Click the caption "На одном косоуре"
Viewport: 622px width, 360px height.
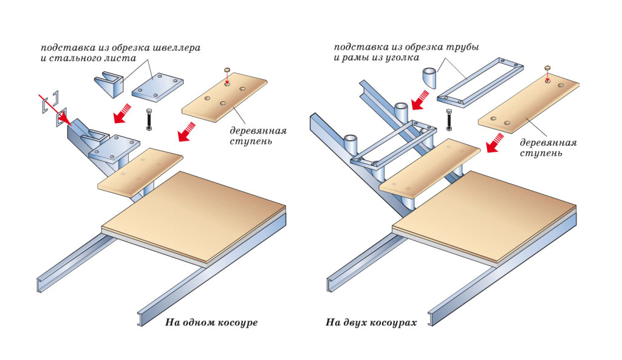[211, 322]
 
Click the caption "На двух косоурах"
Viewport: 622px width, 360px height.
[371, 322]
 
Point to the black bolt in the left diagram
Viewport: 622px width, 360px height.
[148, 119]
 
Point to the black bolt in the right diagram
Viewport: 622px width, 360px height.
[449, 120]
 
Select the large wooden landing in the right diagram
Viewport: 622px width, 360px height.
[484, 212]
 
